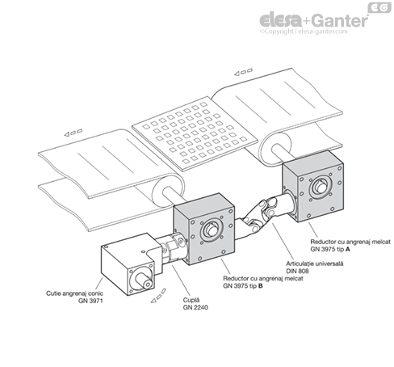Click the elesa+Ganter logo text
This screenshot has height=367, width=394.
[x=313, y=20]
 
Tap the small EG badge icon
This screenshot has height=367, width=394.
[x=379, y=7]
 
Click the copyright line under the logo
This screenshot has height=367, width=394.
[x=304, y=32]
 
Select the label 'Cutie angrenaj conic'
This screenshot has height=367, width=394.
[x=74, y=293]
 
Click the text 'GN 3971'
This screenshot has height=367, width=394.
[x=90, y=301]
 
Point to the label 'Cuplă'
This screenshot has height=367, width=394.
[x=191, y=300]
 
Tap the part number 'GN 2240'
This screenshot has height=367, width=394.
[x=195, y=307]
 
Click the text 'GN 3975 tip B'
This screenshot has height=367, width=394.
[x=242, y=285]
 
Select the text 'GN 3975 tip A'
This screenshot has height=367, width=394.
[x=330, y=249]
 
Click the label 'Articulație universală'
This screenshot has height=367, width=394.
[x=315, y=264]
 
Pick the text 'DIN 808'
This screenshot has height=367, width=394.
[x=297, y=271]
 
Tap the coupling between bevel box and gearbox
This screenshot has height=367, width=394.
[x=173, y=248]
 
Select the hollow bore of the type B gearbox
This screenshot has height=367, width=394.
[x=212, y=230]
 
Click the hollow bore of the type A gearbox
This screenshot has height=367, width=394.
[x=321, y=187]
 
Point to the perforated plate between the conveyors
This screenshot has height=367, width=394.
[x=195, y=133]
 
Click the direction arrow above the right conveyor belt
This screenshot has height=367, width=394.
[x=243, y=72]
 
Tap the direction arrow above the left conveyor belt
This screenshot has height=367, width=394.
[x=73, y=133]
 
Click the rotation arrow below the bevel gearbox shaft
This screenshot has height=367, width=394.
[x=158, y=296]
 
